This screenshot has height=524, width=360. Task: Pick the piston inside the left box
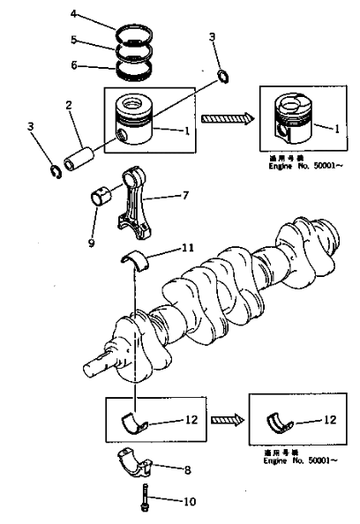pos(141,119)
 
